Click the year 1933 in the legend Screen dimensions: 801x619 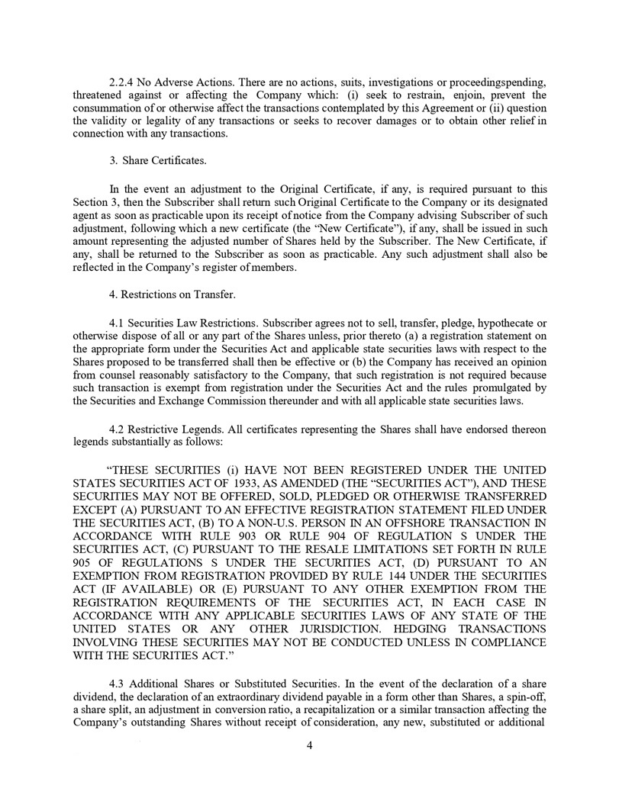pos(243,482)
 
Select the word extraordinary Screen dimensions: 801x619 pos(271,698)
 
